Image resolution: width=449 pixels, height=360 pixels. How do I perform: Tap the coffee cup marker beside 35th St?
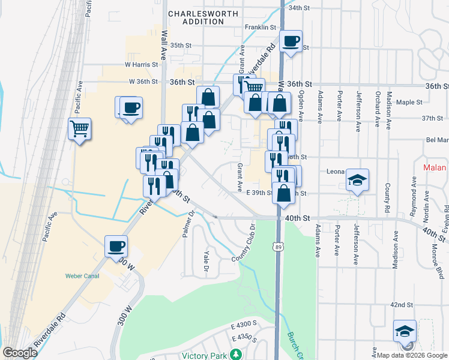tap(291, 42)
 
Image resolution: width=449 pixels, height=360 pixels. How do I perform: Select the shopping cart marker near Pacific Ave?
tap(79, 129)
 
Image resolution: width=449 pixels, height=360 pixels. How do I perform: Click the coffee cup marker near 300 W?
tap(116, 245)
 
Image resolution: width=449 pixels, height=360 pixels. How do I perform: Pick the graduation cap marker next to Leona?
tap(357, 180)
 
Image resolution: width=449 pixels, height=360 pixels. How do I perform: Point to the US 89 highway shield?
tap(277, 247)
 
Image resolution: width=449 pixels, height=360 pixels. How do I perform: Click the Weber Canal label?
tap(80, 277)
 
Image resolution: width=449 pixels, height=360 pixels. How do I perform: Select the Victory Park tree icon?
tap(237, 355)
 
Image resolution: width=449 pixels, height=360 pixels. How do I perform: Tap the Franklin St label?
tap(260, 28)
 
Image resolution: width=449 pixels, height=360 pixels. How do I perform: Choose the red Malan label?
tap(434, 168)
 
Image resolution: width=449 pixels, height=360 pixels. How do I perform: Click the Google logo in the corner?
tap(20, 353)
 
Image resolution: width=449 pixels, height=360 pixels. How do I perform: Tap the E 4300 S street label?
tap(244, 323)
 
